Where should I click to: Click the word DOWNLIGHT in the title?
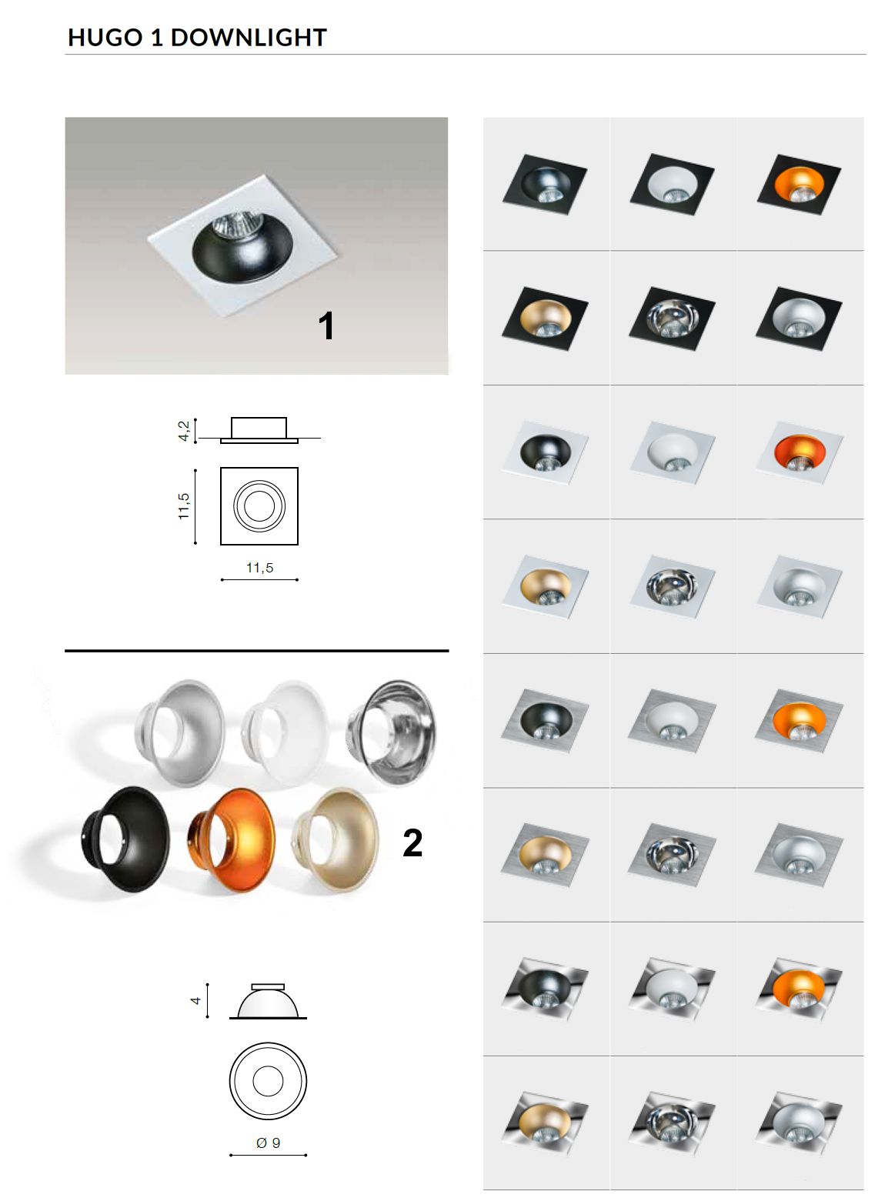point(249,38)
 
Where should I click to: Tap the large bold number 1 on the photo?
point(326,325)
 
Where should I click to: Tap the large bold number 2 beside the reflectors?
point(412,842)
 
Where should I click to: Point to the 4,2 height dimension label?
point(184,431)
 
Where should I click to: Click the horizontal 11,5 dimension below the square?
point(259,568)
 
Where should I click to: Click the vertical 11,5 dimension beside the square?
point(184,505)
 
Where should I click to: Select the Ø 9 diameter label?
point(268,1143)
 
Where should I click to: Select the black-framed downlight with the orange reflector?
point(799,185)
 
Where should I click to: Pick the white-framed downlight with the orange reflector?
point(800,452)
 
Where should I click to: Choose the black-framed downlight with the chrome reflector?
point(673,319)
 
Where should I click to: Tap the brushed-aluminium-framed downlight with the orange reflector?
point(799,721)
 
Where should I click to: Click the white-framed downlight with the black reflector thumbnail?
point(546,452)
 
